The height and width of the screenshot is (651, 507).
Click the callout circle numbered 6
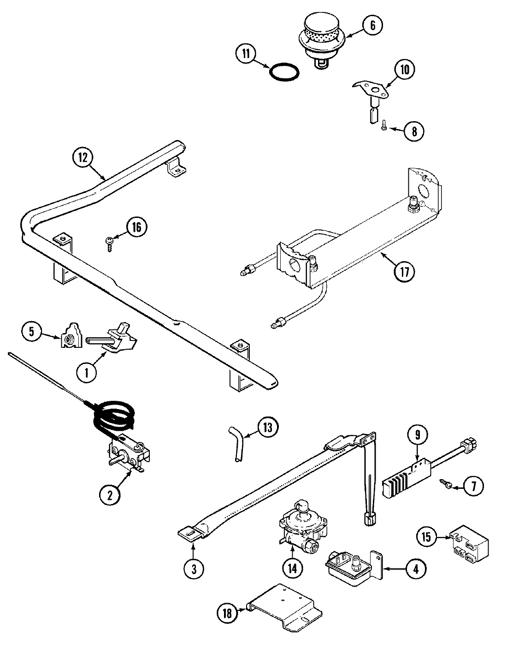tap(372, 25)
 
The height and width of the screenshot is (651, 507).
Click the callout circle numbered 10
tap(404, 70)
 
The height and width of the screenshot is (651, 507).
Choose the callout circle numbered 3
tap(194, 569)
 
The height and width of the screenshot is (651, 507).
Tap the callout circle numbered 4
tap(416, 569)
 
